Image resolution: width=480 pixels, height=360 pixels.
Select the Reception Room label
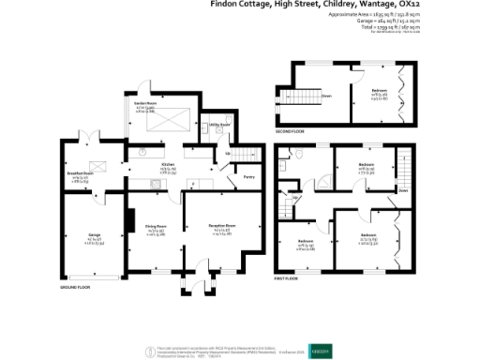[222, 226]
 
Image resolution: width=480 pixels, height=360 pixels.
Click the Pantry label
[249, 176]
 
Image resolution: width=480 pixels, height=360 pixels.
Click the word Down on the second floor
[326, 96]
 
